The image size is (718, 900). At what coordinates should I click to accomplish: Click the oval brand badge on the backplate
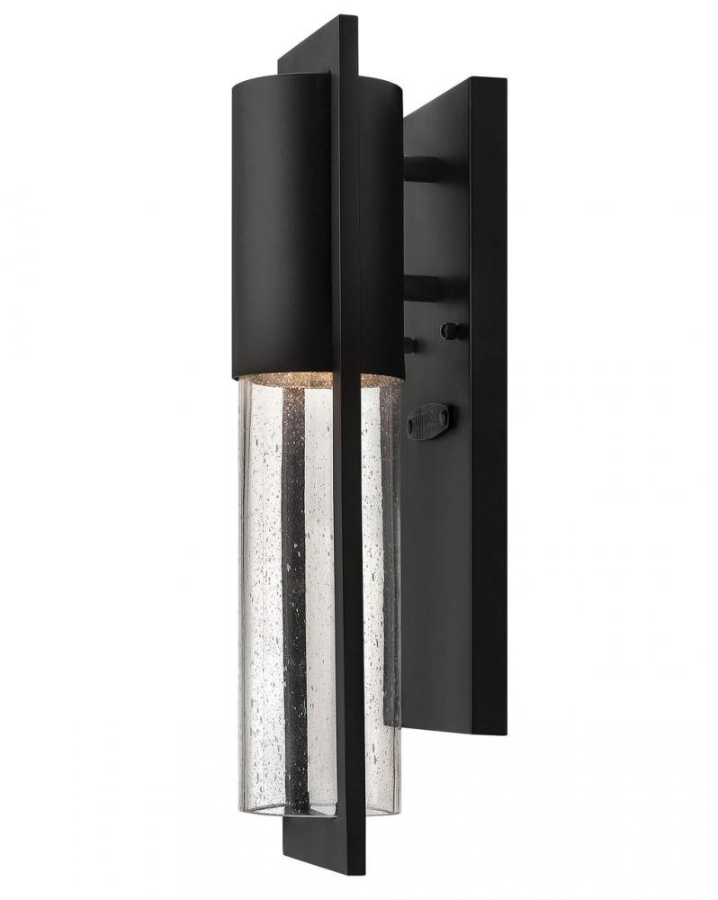429,420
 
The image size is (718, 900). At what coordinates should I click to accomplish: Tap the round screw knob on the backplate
453,331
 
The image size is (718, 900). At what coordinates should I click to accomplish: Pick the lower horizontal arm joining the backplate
421,288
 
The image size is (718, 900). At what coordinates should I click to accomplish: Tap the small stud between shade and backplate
410,344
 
